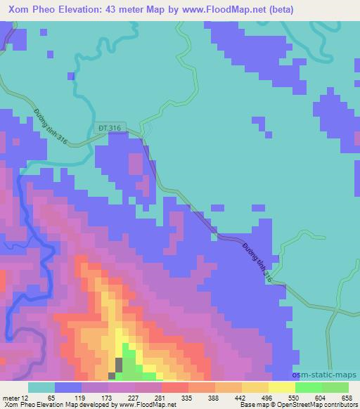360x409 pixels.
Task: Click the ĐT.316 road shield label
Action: click(109, 128)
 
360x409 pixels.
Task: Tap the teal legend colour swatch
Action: click(41, 387)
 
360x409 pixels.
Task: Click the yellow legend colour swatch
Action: click(281, 387)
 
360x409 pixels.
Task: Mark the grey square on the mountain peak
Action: click(119, 365)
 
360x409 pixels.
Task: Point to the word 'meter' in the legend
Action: click(11, 397)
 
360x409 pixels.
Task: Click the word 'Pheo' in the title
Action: click(44, 10)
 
